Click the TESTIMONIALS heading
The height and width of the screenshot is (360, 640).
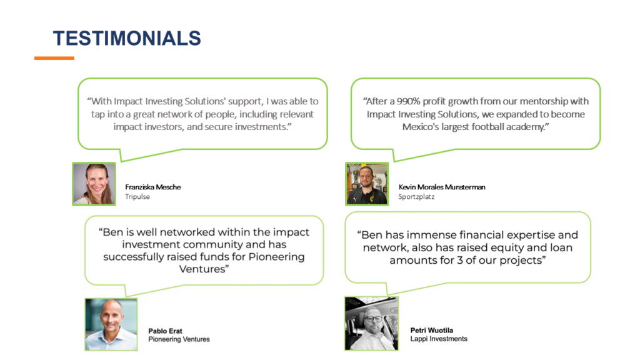pyautogui.click(x=127, y=38)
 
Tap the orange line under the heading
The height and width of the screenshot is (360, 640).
pyautogui.click(x=54, y=58)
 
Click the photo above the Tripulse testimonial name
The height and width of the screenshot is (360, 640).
pyautogui.click(x=94, y=184)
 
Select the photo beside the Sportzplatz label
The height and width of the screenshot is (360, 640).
pyautogui.click(x=367, y=184)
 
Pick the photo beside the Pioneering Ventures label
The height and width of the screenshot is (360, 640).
pyautogui.click(x=111, y=324)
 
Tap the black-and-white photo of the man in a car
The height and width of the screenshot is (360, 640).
pyautogui.click(x=371, y=323)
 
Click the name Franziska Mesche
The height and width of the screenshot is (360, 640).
pyautogui.click(x=153, y=187)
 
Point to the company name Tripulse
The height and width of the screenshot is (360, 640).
pyautogui.click(x=137, y=197)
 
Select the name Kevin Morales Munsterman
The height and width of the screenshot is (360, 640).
pyautogui.click(x=442, y=187)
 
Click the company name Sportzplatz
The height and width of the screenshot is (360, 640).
pyautogui.click(x=416, y=197)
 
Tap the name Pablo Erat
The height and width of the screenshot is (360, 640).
pyautogui.click(x=165, y=331)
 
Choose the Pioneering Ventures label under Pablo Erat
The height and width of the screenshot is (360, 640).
pyautogui.click(x=179, y=339)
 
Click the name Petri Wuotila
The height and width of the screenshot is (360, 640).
pyautogui.click(x=432, y=330)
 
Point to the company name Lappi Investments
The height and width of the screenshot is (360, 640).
pyautogui.click(x=439, y=339)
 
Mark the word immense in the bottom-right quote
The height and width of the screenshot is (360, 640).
pyautogui.click(x=432, y=235)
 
